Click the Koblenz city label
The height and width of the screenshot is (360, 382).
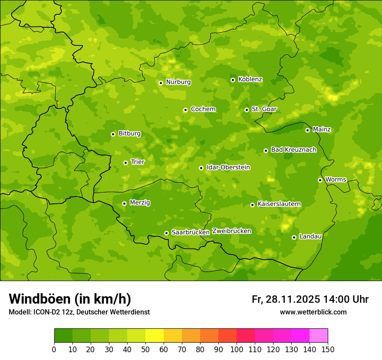point(250,79)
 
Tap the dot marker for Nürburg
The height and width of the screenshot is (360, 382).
point(161,83)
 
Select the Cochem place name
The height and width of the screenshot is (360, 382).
point(203,109)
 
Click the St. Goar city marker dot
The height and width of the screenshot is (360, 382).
point(247,110)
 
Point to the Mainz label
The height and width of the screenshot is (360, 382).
point(322,129)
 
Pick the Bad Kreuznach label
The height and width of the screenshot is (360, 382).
point(293,150)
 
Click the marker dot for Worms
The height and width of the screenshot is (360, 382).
point(320,180)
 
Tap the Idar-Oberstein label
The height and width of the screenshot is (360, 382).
point(228,167)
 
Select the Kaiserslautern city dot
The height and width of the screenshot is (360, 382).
point(252,205)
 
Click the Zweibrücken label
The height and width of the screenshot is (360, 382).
point(231,231)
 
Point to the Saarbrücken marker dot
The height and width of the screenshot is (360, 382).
point(166,233)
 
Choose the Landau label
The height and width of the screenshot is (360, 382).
point(310,236)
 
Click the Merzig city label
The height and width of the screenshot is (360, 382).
point(140,203)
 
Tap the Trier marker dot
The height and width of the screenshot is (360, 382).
point(125,163)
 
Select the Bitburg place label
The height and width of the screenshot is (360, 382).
point(129,133)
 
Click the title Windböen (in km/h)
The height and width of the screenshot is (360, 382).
point(69,299)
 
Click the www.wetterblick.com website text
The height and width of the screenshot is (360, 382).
point(313,312)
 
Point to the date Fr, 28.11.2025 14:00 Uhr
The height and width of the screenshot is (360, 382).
point(310,299)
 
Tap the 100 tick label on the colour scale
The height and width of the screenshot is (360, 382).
point(237,349)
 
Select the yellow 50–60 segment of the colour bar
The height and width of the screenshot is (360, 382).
point(155,336)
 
